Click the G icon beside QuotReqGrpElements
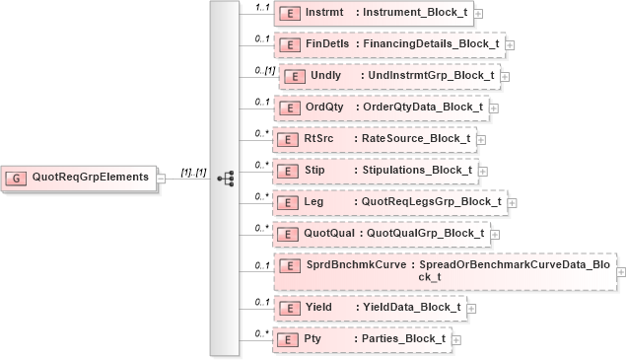pos(17,178)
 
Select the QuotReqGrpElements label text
pos(91,178)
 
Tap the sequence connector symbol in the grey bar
pos(225,178)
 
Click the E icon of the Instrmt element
pos(290,14)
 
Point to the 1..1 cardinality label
pos(263,8)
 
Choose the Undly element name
pos(325,76)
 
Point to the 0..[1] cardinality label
pos(263,70)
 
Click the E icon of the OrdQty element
pos(290,108)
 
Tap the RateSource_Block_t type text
pos(416,138)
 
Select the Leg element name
pos(313,201)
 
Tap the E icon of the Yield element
pos(290,308)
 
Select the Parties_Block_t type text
pos(404,338)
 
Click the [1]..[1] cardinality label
pos(192,173)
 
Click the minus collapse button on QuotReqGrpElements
pos(161,178)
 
